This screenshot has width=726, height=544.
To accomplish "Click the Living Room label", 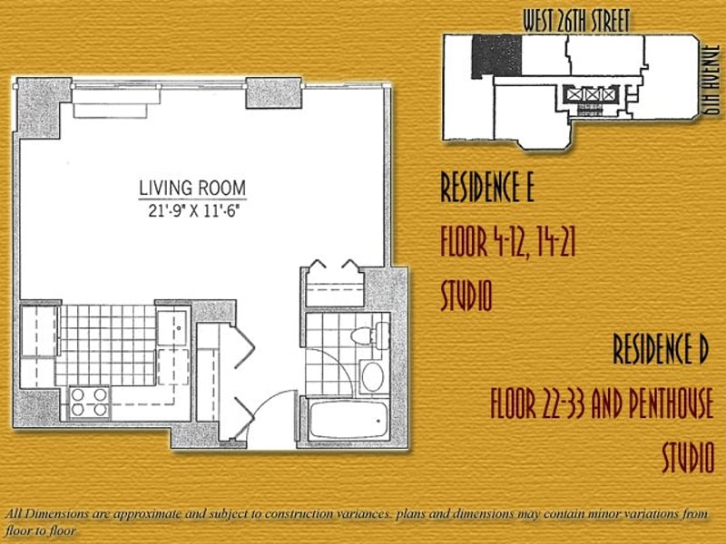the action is click(x=192, y=188).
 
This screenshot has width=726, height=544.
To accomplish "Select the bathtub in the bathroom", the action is click(x=348, y=420).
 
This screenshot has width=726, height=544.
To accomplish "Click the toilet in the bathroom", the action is click(x=370, y=335).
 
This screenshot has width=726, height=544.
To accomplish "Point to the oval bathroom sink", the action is click(x=372, y=377).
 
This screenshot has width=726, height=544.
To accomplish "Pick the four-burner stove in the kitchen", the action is click(x=89, y=402).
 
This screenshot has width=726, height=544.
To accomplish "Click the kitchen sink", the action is click(x=172, y=328).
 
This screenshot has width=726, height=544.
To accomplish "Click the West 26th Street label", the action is click(x=576, y=21).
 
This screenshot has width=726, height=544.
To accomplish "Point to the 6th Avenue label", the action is click(x=711, y=80).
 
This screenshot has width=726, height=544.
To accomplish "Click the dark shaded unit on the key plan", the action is click(x=496, y=56).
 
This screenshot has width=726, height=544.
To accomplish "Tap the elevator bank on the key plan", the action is click(x=589, y=95).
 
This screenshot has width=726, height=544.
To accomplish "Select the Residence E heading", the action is click(x=487, y=187).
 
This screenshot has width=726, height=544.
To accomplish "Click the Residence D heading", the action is click(x=661, y=349).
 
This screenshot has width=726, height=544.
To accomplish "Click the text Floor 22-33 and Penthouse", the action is click(x=602, y=403).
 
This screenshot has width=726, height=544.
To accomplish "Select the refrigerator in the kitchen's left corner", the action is click(x=39, y=330).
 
